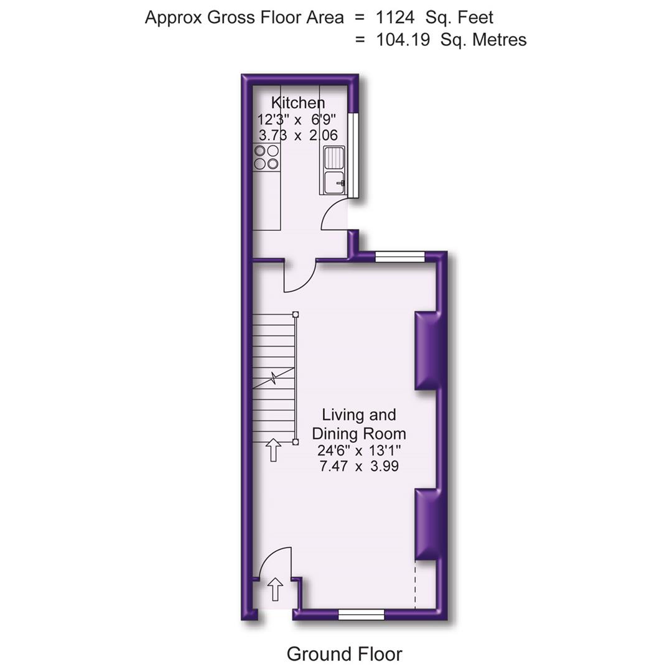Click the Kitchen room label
point(297,103)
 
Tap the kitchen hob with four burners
point(266,157)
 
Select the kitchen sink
point(334,169)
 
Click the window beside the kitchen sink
point(353,155)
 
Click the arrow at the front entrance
point(275,589)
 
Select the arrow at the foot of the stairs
point(273,449)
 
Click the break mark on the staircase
point(274,377)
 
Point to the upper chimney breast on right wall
point(428,350)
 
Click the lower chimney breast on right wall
point(428,524)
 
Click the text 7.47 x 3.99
point(358,466)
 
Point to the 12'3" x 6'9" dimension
point(297,119)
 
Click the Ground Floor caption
point(344,654)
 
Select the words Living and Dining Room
point(358,424)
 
